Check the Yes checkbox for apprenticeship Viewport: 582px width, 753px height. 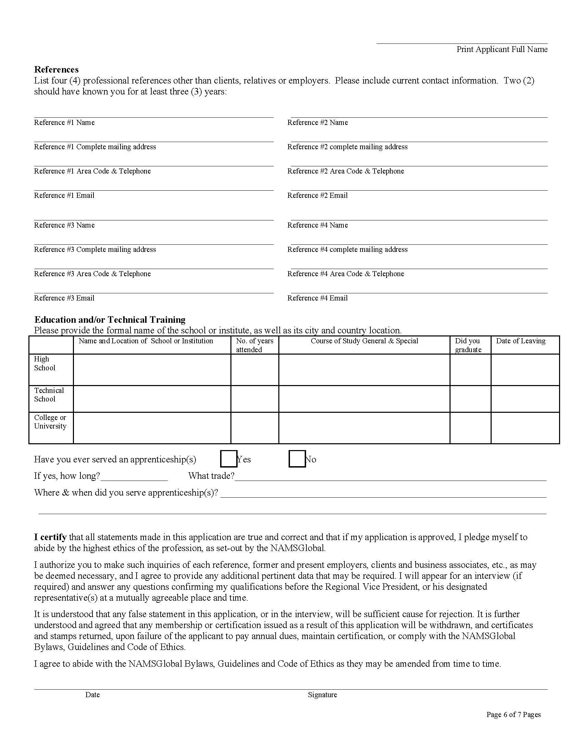point(229,459)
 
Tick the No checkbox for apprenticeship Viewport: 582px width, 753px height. point(297,459)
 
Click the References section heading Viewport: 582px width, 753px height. point(56,69)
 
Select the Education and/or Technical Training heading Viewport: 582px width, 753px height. point(110,320)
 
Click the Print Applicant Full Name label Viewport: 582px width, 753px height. point(502,49)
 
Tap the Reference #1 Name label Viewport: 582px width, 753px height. point(64,123)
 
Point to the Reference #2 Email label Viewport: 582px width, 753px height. point(317,195)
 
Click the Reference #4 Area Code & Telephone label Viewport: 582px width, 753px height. point(345,274)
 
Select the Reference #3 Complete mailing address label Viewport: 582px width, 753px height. point(95,249)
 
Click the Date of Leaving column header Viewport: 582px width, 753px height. point(520,341)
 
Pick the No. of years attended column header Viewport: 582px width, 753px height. point(254,345)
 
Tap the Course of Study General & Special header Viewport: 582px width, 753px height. point(364,341)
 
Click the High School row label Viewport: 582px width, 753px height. point(45,363)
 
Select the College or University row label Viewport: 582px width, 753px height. point(50,422)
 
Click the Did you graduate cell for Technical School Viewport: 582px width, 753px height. point(470,398)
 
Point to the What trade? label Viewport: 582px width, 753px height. point(211,476)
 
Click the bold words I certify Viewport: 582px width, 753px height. point(50,537)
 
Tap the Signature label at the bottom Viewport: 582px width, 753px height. point(322,695)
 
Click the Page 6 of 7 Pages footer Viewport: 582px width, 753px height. point(513,715)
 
